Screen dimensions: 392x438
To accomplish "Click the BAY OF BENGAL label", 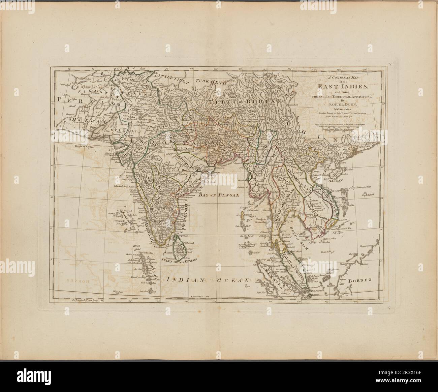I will click(218, 195).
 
